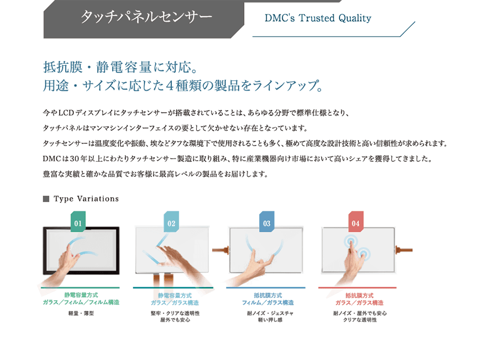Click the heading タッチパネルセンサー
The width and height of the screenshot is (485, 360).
(146, 17)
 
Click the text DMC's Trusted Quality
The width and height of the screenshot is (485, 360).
(317, 18)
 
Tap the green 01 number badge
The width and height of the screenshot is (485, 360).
(78, 221)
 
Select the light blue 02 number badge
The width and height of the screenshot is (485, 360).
(171, 221)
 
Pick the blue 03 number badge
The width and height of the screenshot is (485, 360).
(267, 221)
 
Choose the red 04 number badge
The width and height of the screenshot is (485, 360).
(356, 221)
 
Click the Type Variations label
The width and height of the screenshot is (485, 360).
(86, 198)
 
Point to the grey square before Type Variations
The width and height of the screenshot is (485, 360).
(46, 198)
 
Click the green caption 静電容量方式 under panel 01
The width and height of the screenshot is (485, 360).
(81, 295)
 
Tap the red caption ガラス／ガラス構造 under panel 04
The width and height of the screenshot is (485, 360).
(359, 302)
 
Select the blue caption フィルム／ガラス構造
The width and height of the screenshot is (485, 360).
(268, 302)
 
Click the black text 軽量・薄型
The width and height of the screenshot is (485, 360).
(81, 313)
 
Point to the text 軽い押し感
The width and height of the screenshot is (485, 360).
(271, 320)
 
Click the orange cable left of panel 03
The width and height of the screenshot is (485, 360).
(221, 250)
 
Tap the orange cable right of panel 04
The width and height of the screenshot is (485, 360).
(404, 250)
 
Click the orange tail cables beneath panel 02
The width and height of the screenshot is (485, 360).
(163, 280)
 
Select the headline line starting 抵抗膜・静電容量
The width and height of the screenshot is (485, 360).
(120, 67)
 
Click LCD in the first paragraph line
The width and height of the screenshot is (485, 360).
(66, 113)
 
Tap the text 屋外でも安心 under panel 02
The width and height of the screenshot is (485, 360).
(175, 320)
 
